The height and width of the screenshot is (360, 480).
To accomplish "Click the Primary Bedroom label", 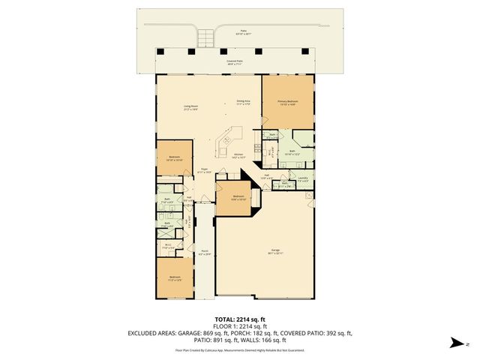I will tap(288, 102).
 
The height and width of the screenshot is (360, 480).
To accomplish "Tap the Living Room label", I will tap(191, 107).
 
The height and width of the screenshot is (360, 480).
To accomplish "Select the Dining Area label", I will tap(243, 101).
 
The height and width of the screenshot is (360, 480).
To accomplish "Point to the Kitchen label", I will tap(239, 157).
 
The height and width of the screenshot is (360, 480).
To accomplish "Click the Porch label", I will tap(204, 252).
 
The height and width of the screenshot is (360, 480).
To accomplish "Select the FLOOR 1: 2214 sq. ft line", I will tap(239, 326).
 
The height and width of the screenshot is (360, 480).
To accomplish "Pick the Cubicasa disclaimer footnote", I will tap(239, 349).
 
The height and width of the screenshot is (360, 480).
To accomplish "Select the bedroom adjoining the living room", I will tap(174, 158).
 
